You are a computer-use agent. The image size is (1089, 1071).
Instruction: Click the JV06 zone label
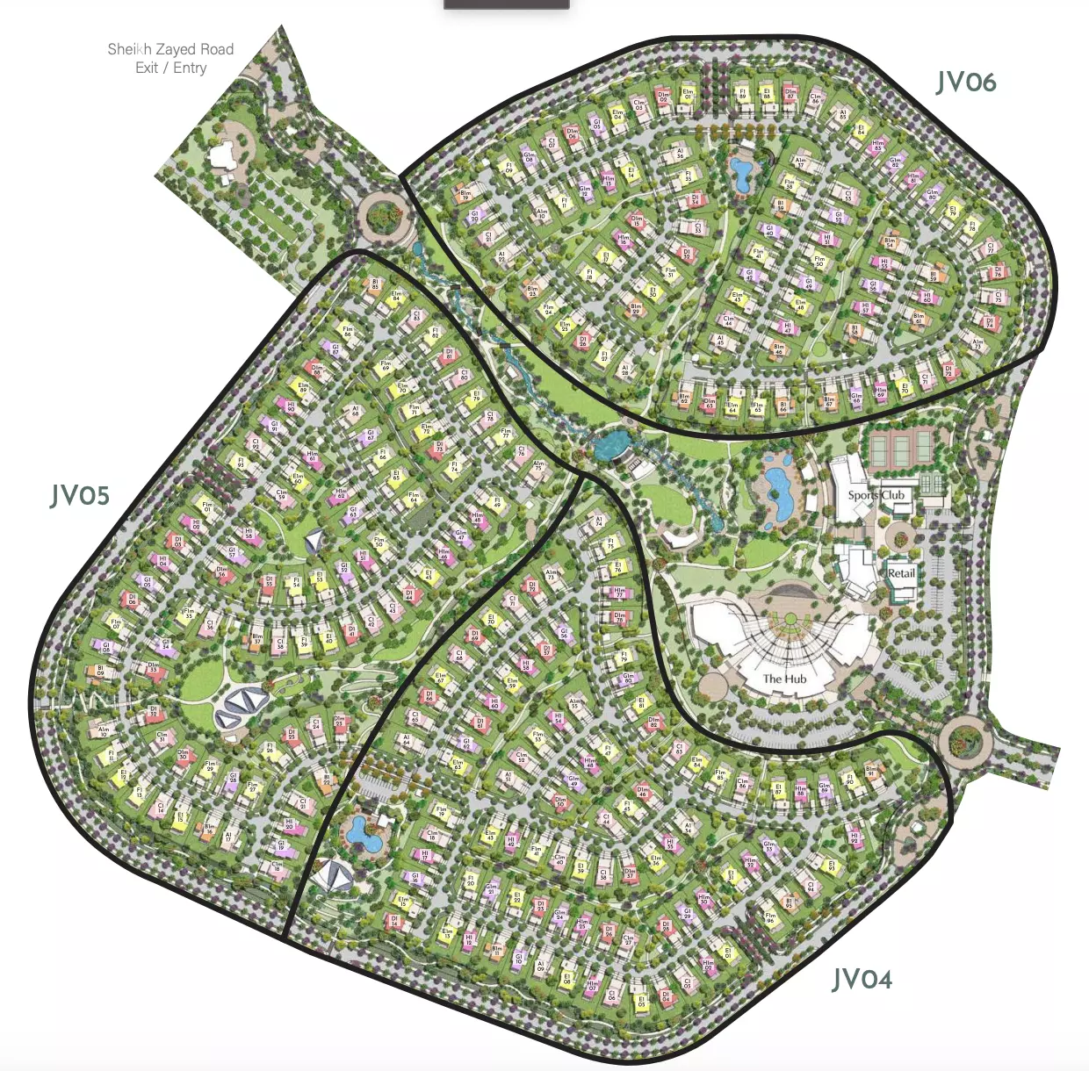click(965, 83)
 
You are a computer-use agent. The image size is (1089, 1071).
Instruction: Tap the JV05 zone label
click(80, 496)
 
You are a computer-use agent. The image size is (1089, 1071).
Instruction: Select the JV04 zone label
click(862, 979)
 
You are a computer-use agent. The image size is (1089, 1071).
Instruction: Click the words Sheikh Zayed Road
click(170, 49)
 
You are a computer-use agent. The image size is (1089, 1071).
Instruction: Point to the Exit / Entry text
click(170, 68)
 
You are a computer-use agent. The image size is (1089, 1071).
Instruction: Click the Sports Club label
click(876, 495)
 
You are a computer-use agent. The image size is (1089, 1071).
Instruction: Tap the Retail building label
click(901, 573)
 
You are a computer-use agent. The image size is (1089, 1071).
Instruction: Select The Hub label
click(784, 679)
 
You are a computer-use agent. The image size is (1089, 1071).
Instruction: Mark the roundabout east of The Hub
click(964, 740)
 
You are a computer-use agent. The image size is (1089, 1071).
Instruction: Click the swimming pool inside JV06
click(741, 173)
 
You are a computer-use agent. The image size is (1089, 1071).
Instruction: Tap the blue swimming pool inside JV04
click(363, 833)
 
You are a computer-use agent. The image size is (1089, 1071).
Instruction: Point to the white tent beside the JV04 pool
click(334, 873)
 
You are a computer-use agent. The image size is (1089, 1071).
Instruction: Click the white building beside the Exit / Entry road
click(221, 155)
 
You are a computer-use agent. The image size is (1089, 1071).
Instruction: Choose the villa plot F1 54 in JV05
click(297, 582)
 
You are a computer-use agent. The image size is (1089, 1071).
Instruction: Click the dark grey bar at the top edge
click(506, 4)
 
